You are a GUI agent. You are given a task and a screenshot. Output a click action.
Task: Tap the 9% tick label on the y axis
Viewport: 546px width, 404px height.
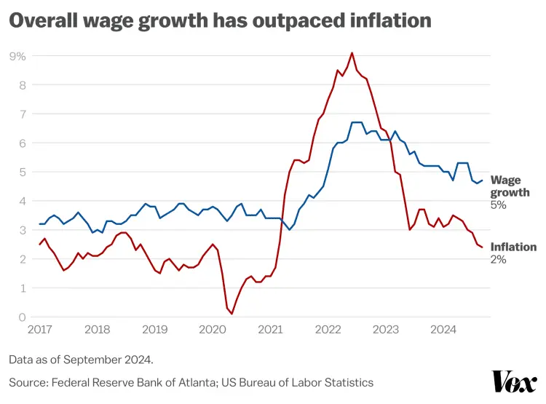[17, 56]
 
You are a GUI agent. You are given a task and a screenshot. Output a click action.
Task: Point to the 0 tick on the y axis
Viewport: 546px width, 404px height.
[22, 317]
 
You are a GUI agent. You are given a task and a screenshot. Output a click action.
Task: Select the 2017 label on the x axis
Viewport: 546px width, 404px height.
[41, 330]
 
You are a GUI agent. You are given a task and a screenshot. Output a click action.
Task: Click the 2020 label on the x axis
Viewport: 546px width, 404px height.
[212, 330]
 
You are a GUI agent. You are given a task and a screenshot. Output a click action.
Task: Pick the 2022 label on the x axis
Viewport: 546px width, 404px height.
[328, 330]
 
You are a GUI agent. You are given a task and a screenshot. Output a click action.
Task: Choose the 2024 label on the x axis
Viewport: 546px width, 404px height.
[443, 330]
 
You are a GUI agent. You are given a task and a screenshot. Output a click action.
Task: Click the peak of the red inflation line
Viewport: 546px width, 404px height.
[352, 52]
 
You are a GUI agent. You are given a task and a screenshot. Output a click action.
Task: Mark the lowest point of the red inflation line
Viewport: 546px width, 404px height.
[232, 314]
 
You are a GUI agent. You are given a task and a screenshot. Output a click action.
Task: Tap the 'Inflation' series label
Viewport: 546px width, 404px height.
[513, 247]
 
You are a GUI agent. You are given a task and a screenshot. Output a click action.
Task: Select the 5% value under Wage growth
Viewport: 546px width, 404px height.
[498, 205]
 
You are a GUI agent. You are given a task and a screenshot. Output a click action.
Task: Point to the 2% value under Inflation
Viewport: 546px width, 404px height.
[498, 259]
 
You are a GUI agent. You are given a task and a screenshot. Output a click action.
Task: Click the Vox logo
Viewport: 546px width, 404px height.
[514, 381]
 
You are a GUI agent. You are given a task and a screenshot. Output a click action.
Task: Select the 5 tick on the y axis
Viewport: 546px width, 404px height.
[22, 173]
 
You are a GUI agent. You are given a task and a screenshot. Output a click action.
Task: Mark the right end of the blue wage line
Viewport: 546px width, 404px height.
[482, 181]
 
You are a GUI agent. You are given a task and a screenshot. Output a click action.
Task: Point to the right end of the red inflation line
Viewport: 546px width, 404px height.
[482, 247]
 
